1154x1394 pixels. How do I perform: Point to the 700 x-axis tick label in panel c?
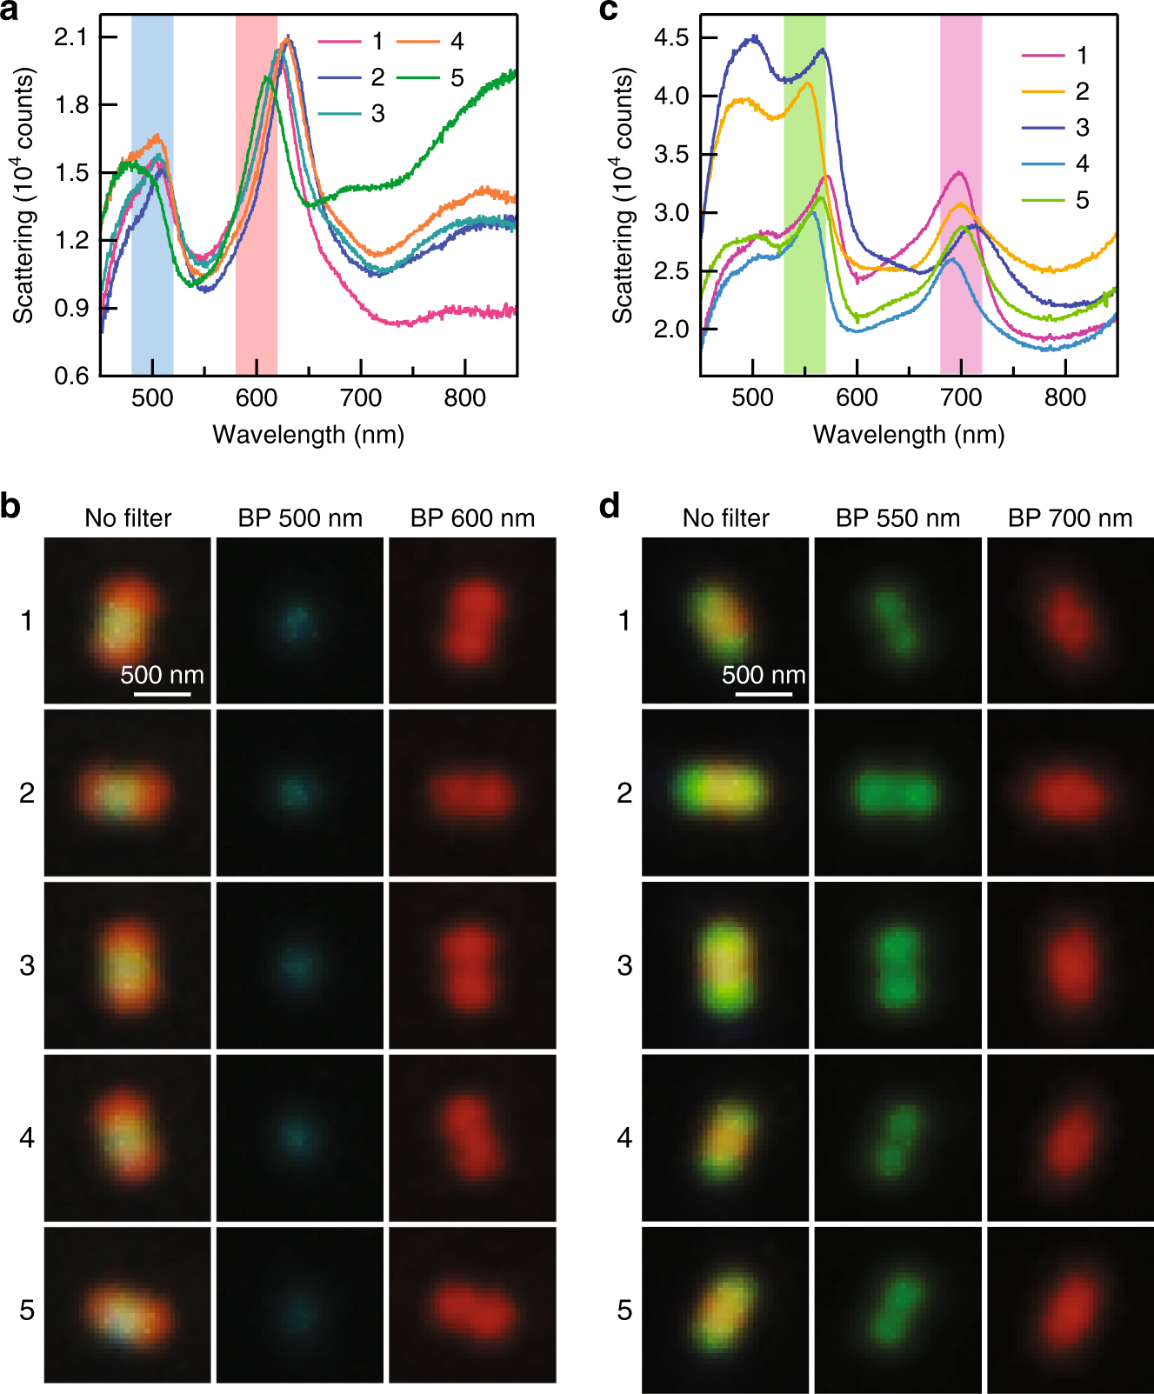point(960,397)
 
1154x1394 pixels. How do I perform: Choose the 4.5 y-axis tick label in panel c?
point(670,37)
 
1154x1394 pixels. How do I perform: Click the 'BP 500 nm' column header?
point(300,518)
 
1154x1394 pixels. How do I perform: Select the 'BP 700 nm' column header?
point(1070,518)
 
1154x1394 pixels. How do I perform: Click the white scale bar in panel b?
point(162,694)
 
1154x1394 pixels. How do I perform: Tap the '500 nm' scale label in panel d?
point(764,675)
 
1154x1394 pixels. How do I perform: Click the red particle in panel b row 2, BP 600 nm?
point(472,793)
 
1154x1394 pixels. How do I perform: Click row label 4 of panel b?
point(27,1137)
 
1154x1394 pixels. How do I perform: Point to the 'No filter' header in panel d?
point(725,518)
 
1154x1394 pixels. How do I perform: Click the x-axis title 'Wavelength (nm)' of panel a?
point(308,434)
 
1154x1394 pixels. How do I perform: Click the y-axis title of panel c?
point(623,196)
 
